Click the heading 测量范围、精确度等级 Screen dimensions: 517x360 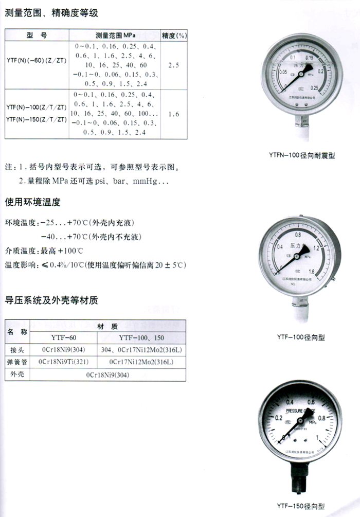[x=51, y=13]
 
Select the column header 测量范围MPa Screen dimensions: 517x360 [x=115, y=35]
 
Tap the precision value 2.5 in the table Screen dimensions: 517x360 [x=174, y=66]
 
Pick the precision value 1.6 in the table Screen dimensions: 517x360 [x=174, y=114]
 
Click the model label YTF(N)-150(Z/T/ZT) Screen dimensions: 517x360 [x=36, y=119]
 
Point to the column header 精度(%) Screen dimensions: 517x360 [x=174, y=35]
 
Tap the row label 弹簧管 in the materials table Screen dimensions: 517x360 [x=17, y=362]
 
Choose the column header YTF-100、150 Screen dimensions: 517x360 [x=142, y=337]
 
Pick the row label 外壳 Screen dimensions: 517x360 [x=17, y=375]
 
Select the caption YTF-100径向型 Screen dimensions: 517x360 [x=301, y=337]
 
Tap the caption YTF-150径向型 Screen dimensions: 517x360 [x=301, y=506]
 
